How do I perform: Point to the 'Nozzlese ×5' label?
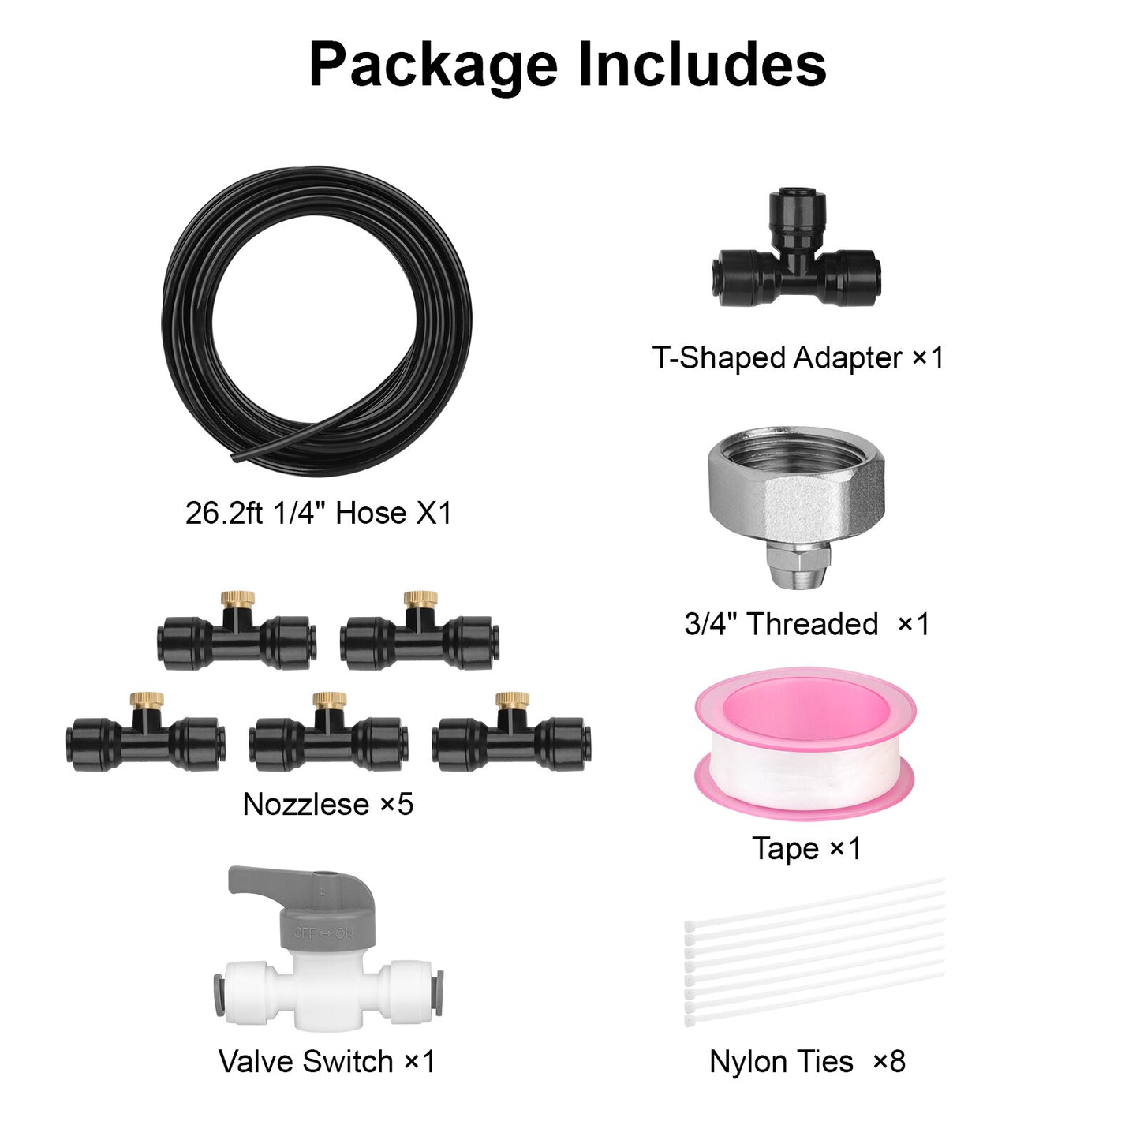[x=328, y=805]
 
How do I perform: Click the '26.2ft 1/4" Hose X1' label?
[x=318, y=513]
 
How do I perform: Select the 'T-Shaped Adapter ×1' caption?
[x=798, y=358]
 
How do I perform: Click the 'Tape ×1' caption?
[x=806, y=849]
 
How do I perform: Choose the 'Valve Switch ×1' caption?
[x=327, y=1062]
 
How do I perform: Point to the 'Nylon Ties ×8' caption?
[x=807, y=1062]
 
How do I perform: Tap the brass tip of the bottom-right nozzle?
[x=512, y=700]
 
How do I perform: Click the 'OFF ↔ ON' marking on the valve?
[x=323, y=933]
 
